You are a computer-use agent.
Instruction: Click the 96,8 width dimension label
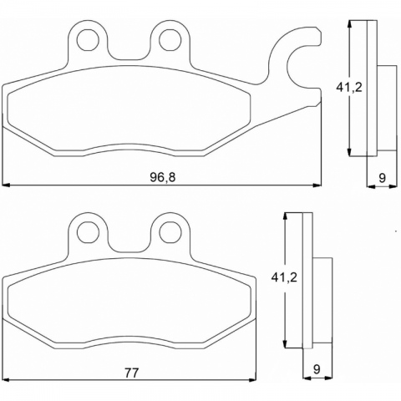click(x=163, y=177)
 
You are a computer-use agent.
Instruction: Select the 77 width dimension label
click(x=131, y=373)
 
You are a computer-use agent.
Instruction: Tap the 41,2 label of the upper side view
click(x=349, y=88)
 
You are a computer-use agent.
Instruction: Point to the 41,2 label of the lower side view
click(x=284, y=277)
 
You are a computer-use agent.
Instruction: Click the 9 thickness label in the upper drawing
click(x=383, y=177)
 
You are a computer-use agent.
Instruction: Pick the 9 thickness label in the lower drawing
click(x=317, y=369)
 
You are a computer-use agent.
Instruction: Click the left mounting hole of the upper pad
click(x=88, y=40)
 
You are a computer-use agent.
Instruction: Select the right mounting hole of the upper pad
click(x=170, y=40)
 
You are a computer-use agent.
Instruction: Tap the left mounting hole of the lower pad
click(x=88, y=233)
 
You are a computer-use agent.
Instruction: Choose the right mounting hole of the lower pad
click(x=170, y=233)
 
